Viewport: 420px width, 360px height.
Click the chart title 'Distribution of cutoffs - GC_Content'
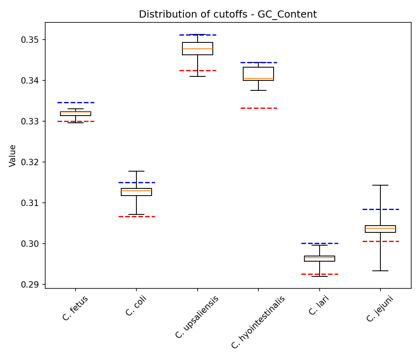pyautogui.click(x=228, y=15)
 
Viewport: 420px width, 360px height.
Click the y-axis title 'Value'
pyautogui.click(x=13, y=156)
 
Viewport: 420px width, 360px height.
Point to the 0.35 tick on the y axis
pyautogui.click(x=30, y=40)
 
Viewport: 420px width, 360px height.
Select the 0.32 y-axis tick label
pyautogui.click(x=30, y=162)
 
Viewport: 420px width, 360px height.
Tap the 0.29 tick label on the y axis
pyautogui.click(x=30, y=285)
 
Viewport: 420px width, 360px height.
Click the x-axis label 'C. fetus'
pyautogui.click(x=75, y=308)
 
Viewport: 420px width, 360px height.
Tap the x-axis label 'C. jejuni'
pyautogui.click(x=380, y=309)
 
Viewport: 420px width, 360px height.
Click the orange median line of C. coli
pyautogui.click(x=136, y=191)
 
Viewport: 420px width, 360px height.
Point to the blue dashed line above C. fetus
pyautogui.click(x=76, y=102)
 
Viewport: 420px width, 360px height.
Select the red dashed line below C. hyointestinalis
pyautogui.click(x=258, y=108)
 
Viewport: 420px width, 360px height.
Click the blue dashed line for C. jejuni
pyautogui.click(x=380, y=209)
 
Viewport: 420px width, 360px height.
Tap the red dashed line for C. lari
pyautogui.click(x=320, y=274)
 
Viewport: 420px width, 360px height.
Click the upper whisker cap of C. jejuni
pyautogui.click(x=380, y=185)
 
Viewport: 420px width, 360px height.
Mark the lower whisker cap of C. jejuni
pyautogui.click(x=380, y=271)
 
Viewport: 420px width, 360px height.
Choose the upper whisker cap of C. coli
pyautogui.click(x=136, y=171)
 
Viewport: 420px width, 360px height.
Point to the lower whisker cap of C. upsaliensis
pyautogui.click(x=198, y=76)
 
